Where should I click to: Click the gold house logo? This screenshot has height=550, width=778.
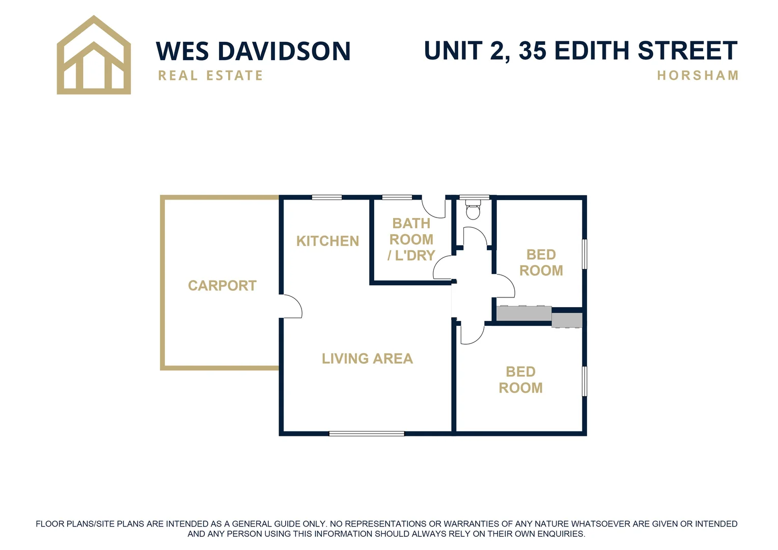[x=94, y=56]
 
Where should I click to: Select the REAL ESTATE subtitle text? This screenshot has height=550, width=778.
[x=210, y=76]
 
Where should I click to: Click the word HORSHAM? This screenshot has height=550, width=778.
[x=698, y=75]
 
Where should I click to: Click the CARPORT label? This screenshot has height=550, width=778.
[x=222, y=286]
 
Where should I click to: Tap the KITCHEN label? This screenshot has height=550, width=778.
[x=327, y=241]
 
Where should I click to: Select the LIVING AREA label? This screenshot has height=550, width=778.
[x=367, y=359]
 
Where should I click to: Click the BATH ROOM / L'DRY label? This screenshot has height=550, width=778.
[x=411, y=239]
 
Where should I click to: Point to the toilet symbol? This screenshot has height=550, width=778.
[x=473, y=209]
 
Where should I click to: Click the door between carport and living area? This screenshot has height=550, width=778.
[x=291, y=306]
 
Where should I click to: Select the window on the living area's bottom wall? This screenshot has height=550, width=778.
[x=367, y=433]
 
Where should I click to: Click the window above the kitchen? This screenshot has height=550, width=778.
[x=326, y=197]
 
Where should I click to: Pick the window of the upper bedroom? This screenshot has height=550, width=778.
[x=585, y=254]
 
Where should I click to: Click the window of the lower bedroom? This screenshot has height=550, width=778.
[x=585, y=381]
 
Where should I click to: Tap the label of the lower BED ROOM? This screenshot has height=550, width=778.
[x=520, y=380]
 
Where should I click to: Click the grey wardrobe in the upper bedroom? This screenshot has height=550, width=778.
[x=524, y=313]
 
